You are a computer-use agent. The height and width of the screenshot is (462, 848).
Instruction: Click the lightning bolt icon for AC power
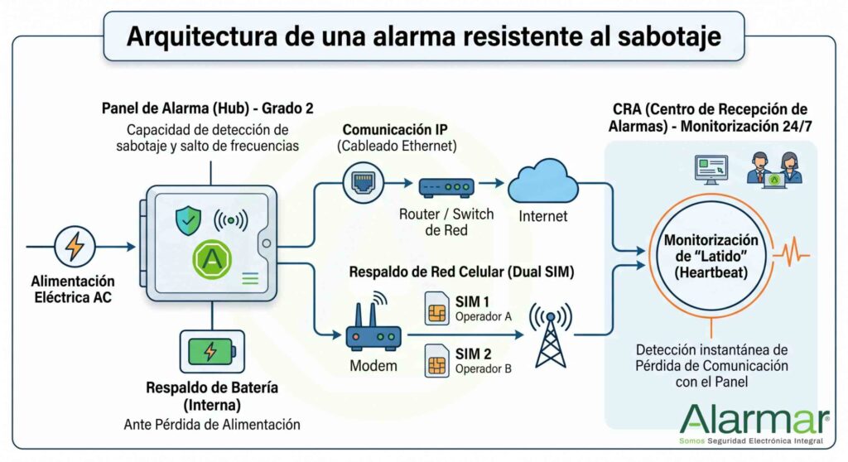coord(75,246)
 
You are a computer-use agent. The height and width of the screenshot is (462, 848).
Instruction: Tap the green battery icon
coord(212,352)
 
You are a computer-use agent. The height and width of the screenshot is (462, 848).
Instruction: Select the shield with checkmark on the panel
coord(188,220)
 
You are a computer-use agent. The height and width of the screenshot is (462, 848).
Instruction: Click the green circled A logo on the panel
coord(212,260)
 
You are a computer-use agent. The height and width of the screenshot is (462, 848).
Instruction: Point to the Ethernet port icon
coord(363,182)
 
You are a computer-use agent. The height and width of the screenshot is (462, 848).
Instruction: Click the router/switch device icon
coord(446,187)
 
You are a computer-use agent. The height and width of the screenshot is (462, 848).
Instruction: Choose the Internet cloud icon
coord(542,181)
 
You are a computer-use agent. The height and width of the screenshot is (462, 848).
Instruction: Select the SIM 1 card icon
coord(437,308)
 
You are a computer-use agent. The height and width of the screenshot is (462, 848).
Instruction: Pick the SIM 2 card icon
coord(437,360)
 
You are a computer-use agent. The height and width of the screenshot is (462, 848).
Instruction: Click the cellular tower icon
coord(550,334)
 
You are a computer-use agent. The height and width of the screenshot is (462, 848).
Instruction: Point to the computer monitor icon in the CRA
coord(711,170)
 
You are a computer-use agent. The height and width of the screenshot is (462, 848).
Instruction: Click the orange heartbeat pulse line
coord(792,252)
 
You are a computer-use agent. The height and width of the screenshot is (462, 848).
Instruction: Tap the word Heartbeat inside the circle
coord(711,272)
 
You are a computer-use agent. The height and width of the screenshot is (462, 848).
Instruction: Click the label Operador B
coord(483,369)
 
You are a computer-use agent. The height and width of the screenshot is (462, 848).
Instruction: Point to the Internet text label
coord(543,216)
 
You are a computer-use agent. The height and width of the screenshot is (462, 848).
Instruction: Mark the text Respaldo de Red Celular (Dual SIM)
coord(461,272)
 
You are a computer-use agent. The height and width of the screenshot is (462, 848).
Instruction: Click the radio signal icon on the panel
coord(231,220)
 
